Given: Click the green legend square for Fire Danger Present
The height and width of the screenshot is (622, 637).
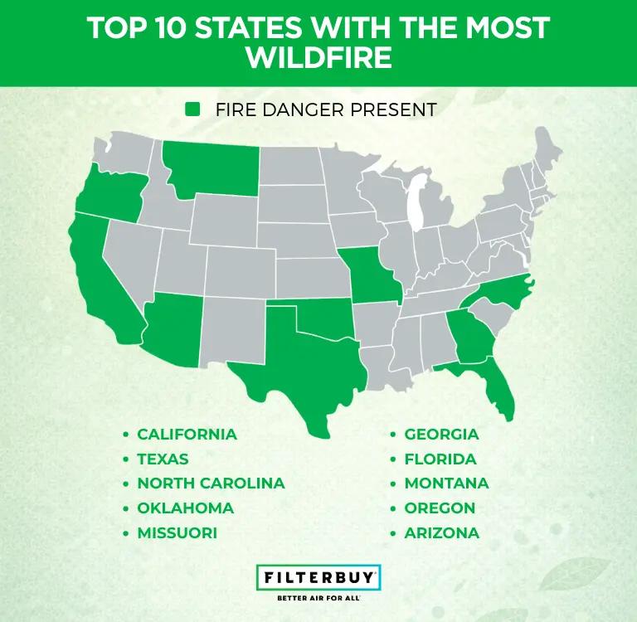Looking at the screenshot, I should coord(192,109).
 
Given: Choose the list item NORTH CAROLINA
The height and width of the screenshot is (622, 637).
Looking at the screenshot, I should coord(211,483).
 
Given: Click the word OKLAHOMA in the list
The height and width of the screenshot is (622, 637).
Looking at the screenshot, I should coord(185,508).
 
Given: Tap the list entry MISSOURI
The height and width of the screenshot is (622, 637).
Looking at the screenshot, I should coord(177,532).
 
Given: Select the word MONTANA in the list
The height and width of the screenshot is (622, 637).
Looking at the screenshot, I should coord(446,483).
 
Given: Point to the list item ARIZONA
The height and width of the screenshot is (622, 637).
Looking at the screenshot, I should coord(441,532).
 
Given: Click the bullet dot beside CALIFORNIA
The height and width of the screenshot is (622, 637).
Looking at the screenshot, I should coord(126,435).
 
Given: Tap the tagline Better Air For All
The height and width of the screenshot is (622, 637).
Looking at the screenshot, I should coord(318,596).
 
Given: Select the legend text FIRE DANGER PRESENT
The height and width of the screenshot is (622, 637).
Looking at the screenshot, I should coord(325,109).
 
